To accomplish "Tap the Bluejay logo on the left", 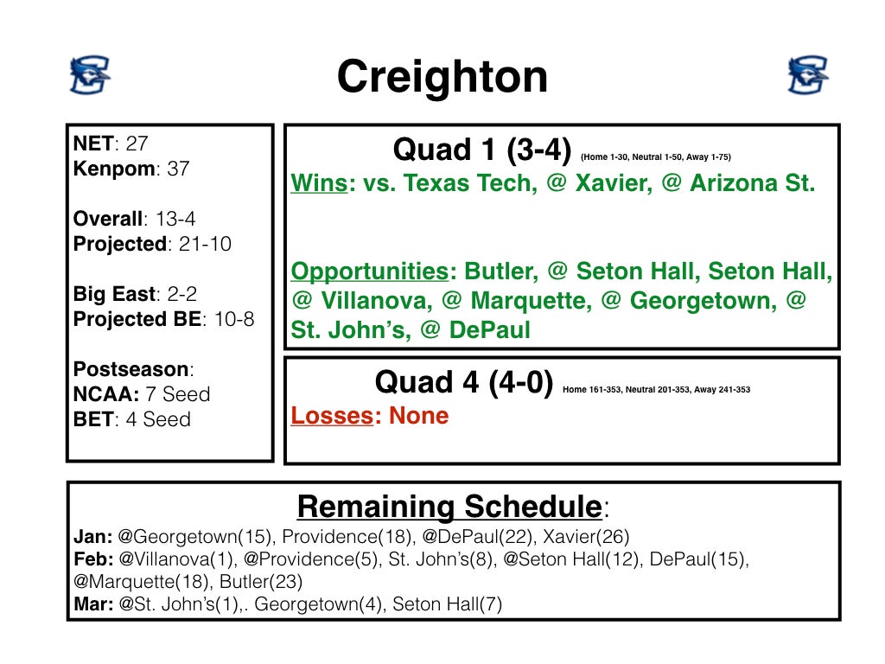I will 90,75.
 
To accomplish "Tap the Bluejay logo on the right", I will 808,75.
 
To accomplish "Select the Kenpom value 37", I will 178,169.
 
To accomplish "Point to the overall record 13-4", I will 175,219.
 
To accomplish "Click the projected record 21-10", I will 205,244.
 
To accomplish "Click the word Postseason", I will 132,369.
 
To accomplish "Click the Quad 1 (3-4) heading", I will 481,150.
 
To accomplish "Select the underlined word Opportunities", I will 368,271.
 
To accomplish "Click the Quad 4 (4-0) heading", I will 463,382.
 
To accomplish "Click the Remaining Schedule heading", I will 449,506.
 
